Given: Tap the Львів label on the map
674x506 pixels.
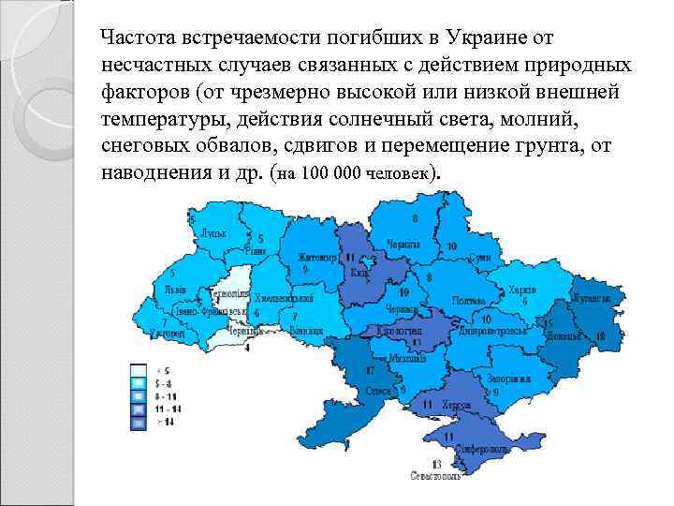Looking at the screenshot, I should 174,290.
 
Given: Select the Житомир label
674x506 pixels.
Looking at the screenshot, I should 316,256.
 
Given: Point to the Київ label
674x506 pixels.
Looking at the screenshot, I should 359,273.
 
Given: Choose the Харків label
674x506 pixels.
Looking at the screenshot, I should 521,289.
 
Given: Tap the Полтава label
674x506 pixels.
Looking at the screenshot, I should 468,301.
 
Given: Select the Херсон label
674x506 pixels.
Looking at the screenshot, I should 455,405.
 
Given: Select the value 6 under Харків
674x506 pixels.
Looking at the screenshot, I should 525,302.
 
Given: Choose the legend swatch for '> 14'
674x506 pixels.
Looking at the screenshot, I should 138,424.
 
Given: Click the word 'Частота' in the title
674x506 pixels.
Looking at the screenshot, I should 141,37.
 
